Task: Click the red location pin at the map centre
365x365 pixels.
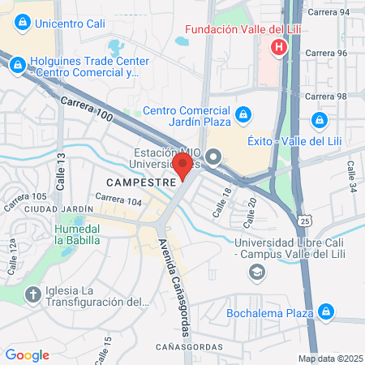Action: pyautogui.click(x=182, y=166)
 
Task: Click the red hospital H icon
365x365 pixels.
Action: pyautogui.click(x=279, y=47)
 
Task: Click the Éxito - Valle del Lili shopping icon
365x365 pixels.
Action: pyautogui.click(x=320, y=121)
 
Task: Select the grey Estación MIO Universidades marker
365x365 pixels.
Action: pyautogui.click(x=213, y=156)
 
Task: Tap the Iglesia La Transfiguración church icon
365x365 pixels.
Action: pyautogui.click(x=33, y=294)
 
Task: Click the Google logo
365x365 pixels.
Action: pyautogui.click(x=27, y=355)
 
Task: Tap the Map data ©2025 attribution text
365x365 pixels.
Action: pyautogui.click(x=329, y=359)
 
